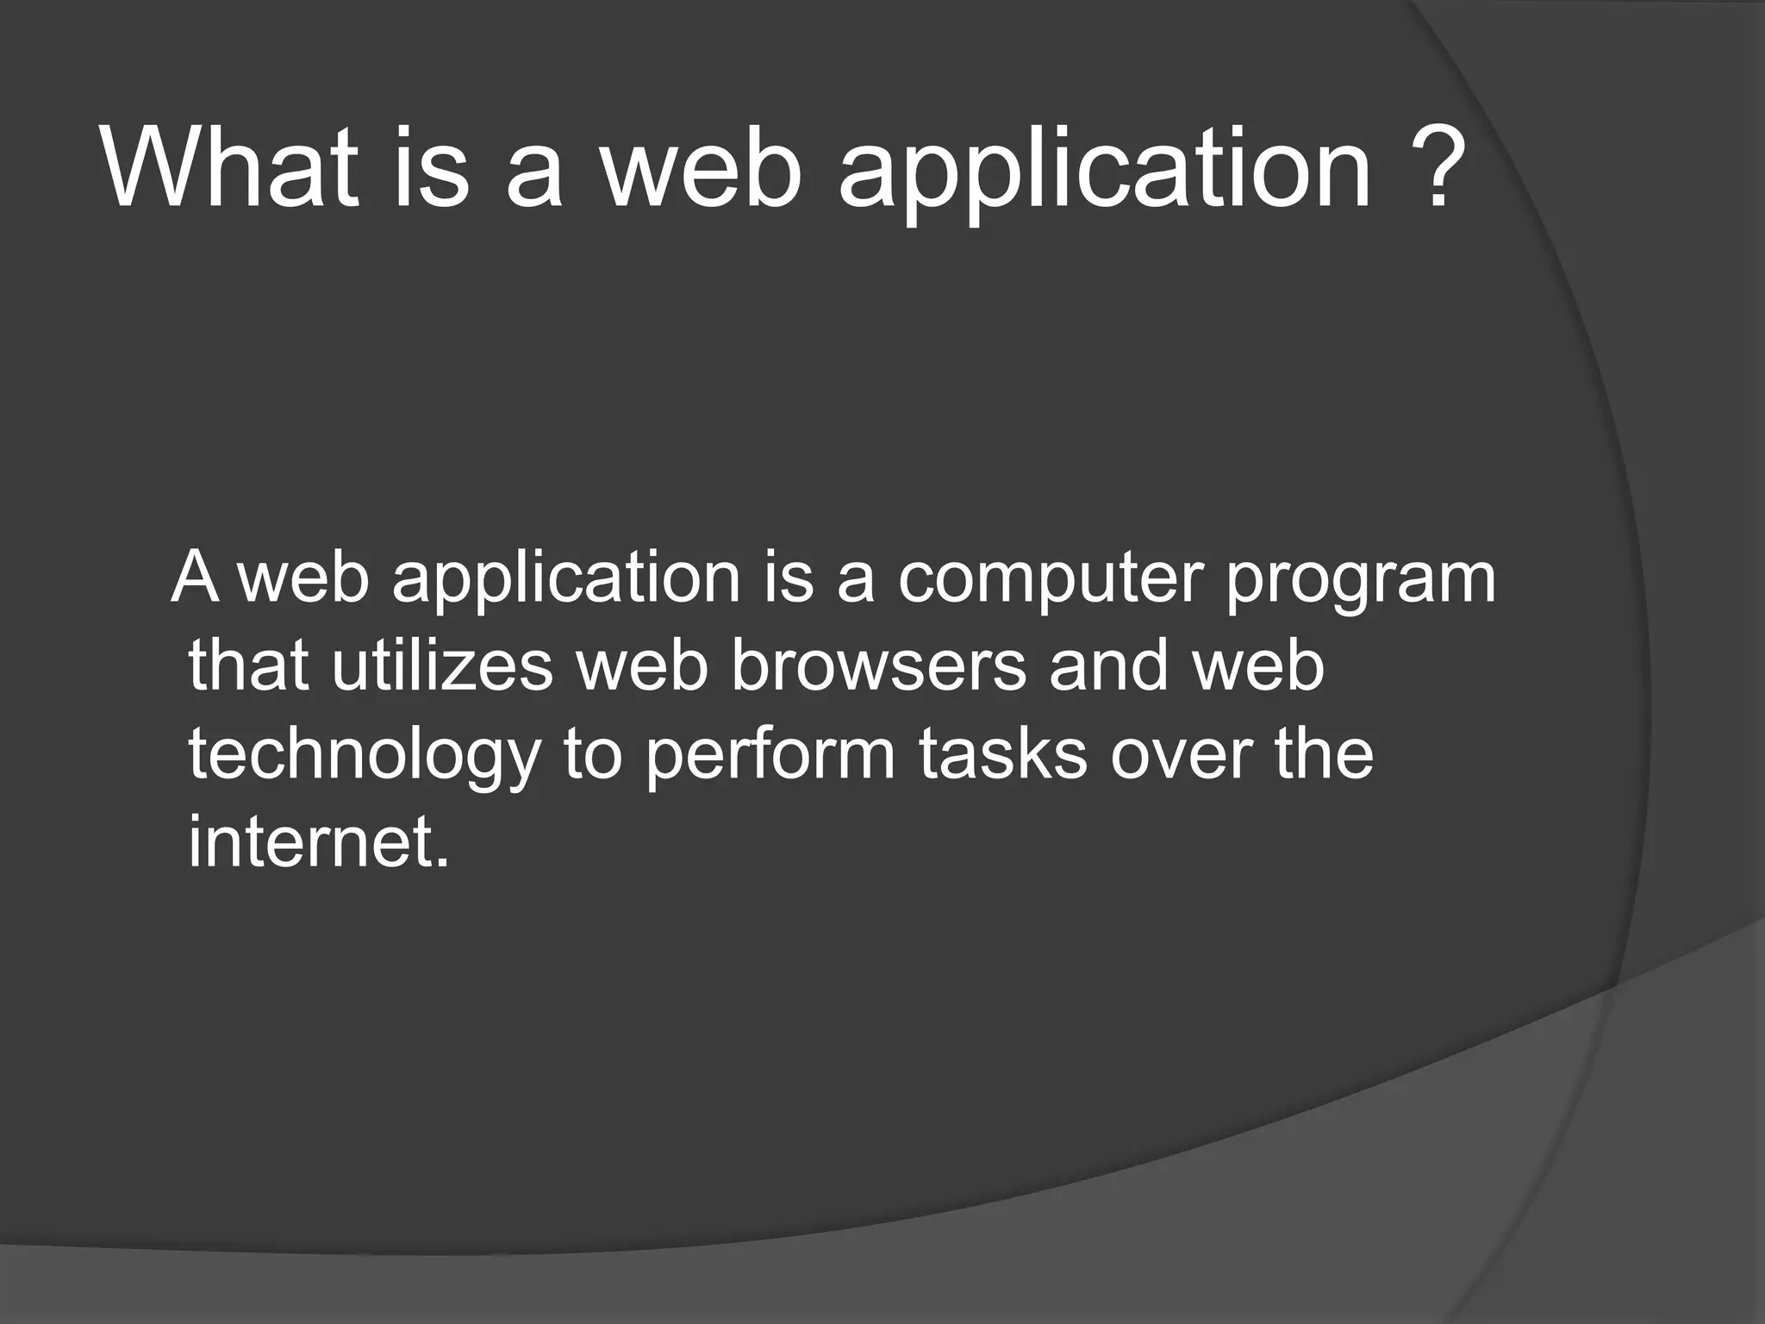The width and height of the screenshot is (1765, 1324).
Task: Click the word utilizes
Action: pos(442,665)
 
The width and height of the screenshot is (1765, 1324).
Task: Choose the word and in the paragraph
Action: pos(1108,665)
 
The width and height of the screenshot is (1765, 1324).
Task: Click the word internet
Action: pos(310,840)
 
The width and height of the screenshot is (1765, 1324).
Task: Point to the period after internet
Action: pos(442,861)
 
